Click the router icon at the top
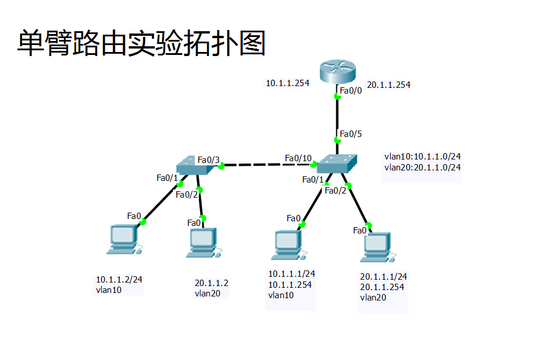coord(338,72)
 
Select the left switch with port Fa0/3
coord(194,165)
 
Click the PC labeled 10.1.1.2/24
coord(123,240)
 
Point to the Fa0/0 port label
coord(350,91)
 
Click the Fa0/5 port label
coord(350,134)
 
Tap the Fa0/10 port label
coord(298,158)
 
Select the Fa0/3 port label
coord(209,159)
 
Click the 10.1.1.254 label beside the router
coord(287,83)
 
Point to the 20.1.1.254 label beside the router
coord(388,85)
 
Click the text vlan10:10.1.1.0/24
coord(422,157)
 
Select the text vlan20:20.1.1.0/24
coord(422,168)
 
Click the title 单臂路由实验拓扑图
coord(140,43)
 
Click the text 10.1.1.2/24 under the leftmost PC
coord(119,279)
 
